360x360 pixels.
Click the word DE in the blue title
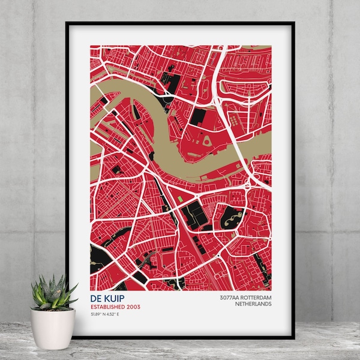(x=96, y=298)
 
